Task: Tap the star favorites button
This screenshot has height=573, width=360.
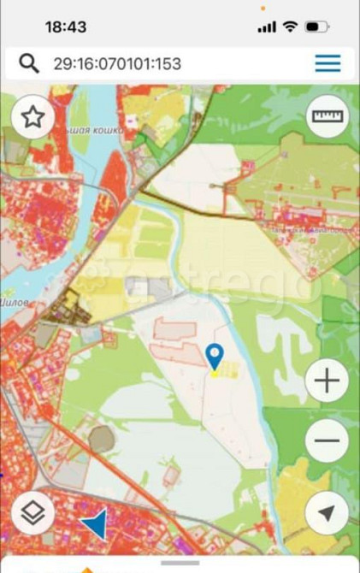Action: pyautogui.click(x=32, y=117)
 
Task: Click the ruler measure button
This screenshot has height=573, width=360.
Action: pyautogui.click(x=327, y=117)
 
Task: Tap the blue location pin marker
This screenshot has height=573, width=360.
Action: pyautogui.click(x=215, y=354)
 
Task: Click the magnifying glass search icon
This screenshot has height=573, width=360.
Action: pyautogui.click(x=29, y=63)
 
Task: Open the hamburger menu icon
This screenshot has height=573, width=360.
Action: pyautogui.click(x=328, y=63)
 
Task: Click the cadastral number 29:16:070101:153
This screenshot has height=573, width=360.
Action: pyautogui.click(x=116, y=63)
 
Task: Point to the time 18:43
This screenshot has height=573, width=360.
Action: pyautogui.click(x=66, y=27)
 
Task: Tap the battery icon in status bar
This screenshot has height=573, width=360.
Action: pyautogui.click(x=316, y=27)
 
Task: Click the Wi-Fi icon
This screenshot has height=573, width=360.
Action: pyautogui.click(x=290, y=27)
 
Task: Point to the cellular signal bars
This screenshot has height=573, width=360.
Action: pyautogui.click(x=267, y=27)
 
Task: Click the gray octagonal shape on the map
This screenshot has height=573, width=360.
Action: pyautogui.click(x=101, y=440)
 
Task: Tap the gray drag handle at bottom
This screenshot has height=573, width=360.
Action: pyautogui.click(x=180, y=563)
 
